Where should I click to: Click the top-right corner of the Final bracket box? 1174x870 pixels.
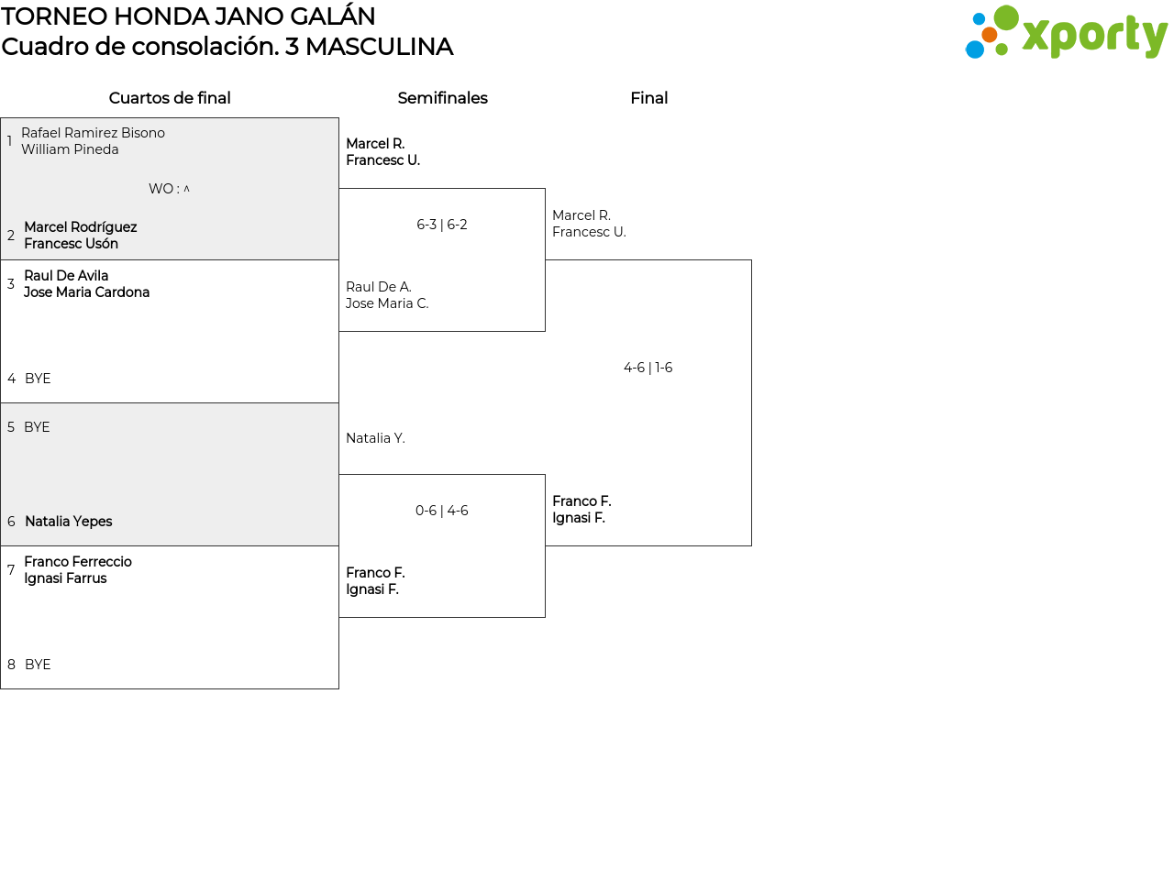[751, 259]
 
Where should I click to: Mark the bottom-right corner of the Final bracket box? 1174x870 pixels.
[751, 545]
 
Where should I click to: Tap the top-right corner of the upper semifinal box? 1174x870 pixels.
[545, 189]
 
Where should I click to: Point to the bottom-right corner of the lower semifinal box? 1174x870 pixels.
[545, 617]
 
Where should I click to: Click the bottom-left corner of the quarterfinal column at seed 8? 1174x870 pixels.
[1, 688]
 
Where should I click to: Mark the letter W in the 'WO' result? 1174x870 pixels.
[155, 189]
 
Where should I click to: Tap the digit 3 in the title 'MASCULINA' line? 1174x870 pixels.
[292, 47]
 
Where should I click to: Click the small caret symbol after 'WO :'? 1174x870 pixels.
[186, 188]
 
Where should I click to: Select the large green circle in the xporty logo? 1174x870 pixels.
[1006, 17]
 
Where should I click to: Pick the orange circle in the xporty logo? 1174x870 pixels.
[990, 35]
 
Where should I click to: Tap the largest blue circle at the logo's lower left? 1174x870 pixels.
[974, 50]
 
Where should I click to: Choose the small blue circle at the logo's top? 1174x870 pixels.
[980, 19]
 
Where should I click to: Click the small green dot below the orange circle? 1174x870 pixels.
[1002, 50]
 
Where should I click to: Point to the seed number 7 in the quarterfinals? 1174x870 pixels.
[11, 570]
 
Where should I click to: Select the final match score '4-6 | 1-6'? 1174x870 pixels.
[648, 368]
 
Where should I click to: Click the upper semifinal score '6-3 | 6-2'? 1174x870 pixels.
[442, 225]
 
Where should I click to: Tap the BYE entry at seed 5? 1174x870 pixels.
[37, 427]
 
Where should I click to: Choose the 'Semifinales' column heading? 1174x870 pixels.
[442, 98]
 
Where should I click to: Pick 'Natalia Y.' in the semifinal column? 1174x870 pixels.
[375, 438]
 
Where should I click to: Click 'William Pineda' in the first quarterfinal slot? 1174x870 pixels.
[70, 149]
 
